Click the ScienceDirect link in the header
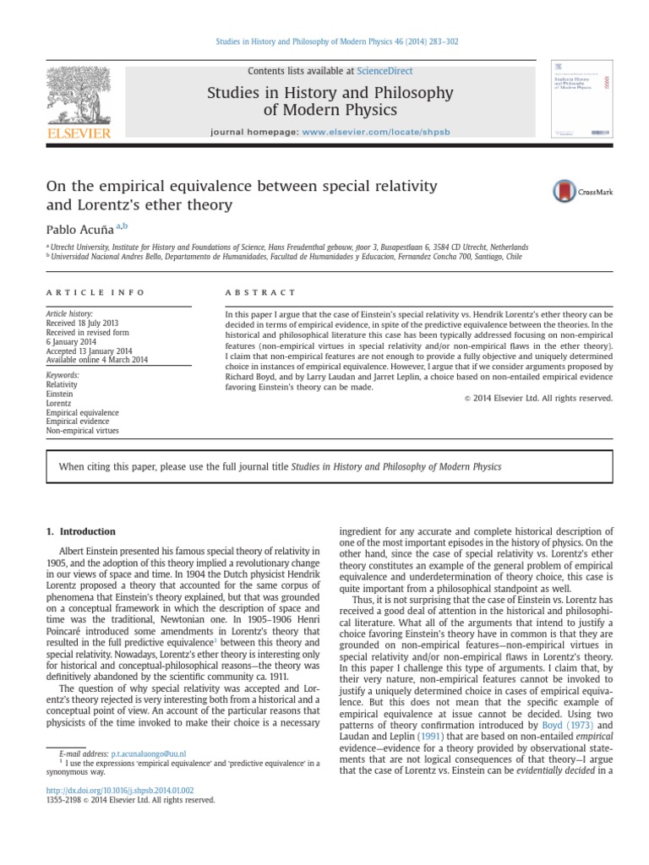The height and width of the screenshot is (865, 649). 385,71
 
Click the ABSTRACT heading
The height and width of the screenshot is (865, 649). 260,292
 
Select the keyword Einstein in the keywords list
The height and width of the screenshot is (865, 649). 59,394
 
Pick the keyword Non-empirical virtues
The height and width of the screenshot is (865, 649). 82,430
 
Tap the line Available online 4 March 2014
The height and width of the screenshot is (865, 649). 96,360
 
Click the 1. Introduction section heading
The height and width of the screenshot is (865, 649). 79,531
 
